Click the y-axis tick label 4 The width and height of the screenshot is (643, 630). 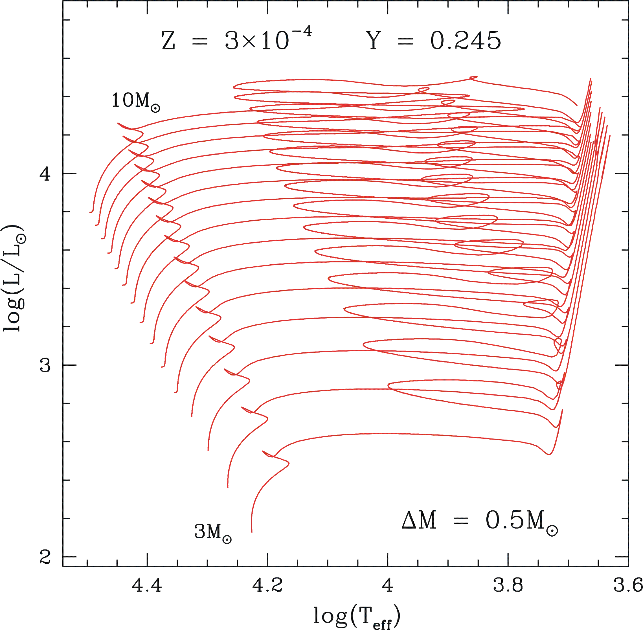coord(45,174)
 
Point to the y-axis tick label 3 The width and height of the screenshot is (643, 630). coord(45,365)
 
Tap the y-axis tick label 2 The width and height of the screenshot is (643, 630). coord(45,557)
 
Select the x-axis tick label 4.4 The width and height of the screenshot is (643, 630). coord(147,585)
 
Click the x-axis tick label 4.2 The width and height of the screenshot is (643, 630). coord(267,585)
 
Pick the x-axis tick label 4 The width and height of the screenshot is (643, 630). coord(387,585)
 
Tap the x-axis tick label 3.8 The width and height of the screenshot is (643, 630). coord(508,585)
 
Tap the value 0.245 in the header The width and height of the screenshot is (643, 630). coord(465,41)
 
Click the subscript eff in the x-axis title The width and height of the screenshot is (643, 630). coord(382,624)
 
